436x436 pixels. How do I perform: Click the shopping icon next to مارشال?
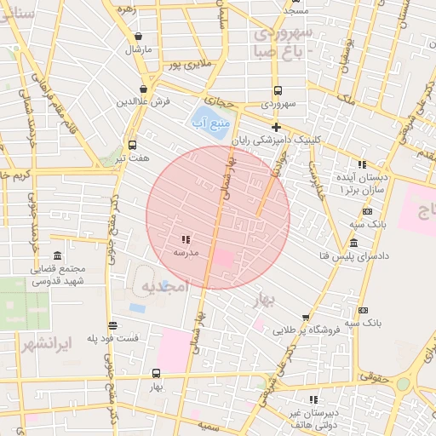(138, 36)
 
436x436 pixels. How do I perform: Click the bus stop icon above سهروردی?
(278, 89)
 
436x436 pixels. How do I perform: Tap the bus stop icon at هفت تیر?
(131, 145)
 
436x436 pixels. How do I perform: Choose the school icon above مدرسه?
(186, 239)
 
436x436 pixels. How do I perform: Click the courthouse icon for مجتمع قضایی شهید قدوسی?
(57, 256)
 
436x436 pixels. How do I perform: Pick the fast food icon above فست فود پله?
(112, 325)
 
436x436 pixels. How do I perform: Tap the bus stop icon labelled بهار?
(155, 373)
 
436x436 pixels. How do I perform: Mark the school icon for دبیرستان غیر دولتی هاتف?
(313, 399)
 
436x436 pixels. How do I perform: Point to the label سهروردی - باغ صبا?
(284, 42)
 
